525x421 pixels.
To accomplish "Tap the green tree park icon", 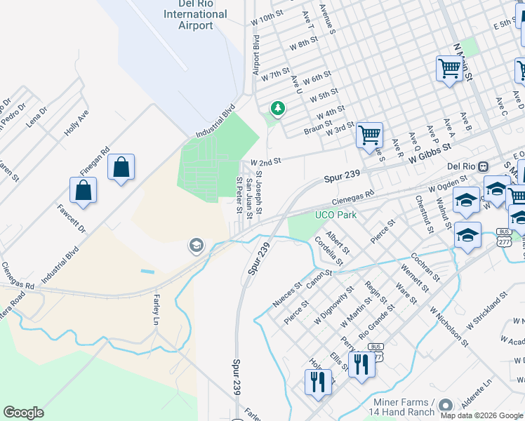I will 278,109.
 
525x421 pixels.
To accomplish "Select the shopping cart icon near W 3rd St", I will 369,135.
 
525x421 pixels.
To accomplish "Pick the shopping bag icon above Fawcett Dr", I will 83,191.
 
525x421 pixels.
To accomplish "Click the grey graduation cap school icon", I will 197,245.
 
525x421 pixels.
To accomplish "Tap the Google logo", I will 23,413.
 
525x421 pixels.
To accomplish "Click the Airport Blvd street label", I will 256,55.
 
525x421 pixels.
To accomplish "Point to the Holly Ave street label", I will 77,121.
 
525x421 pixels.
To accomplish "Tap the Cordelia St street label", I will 328,251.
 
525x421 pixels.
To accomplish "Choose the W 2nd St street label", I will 265,160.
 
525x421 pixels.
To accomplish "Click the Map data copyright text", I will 481,415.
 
